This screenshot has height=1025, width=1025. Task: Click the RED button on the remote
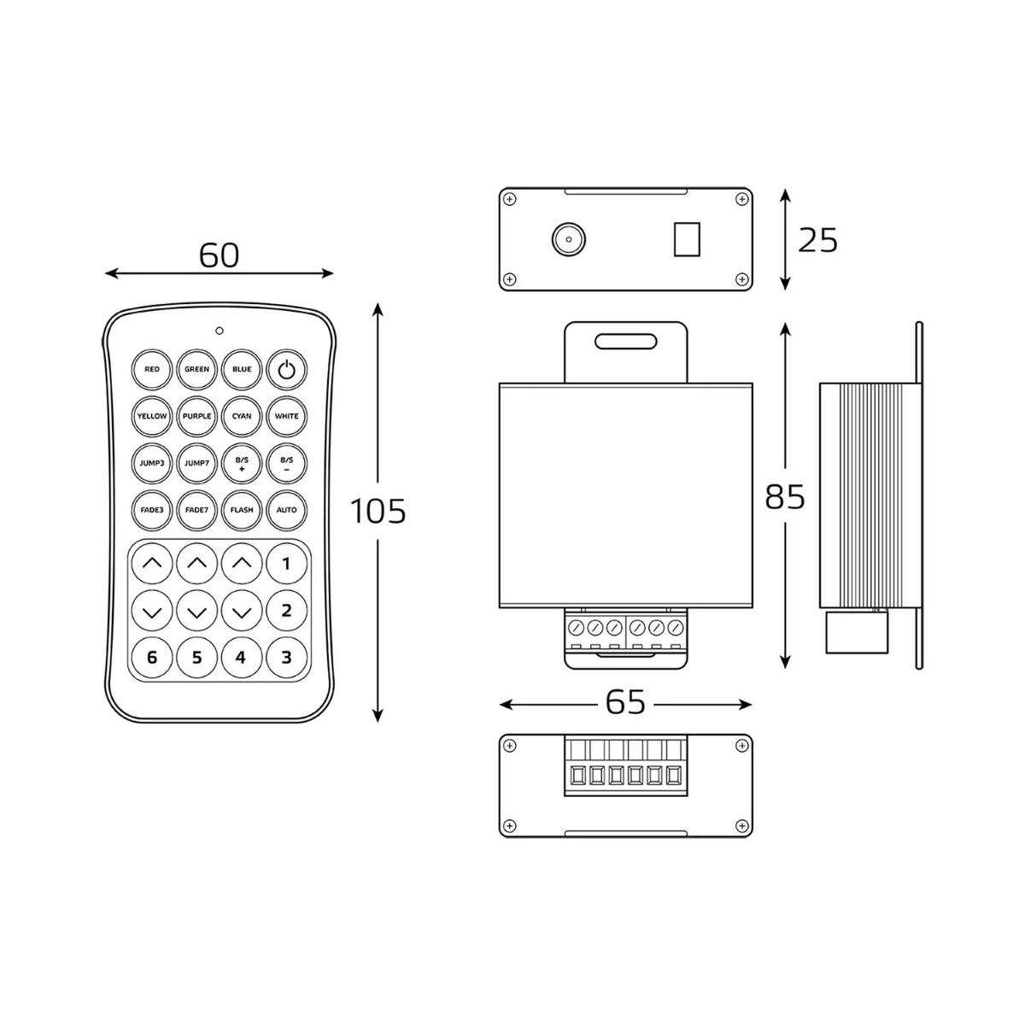pyautogui.click(x=151, y=369)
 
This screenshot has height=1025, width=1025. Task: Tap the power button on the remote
pyautogui.click(x=286, y=369)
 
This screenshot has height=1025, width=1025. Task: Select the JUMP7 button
pyautogui.click(x=196, y=463)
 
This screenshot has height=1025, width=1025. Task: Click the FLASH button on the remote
pyautogui.click(x=242, y=510)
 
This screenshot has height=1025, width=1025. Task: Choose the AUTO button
pyautogui.click(x=286, y=510)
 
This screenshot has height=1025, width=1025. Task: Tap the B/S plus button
pyautogui.click(x=242, y=463)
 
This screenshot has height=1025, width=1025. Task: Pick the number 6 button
pyautogui.click(x=151, y=658)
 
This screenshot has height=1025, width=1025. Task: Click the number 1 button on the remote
pyautogui.click(x=286, y=563)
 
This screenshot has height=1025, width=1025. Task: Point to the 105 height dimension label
pyautogui.click(x=378, y=511)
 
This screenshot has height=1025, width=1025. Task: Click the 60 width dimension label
pyautogui.click(x=219, y=255)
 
